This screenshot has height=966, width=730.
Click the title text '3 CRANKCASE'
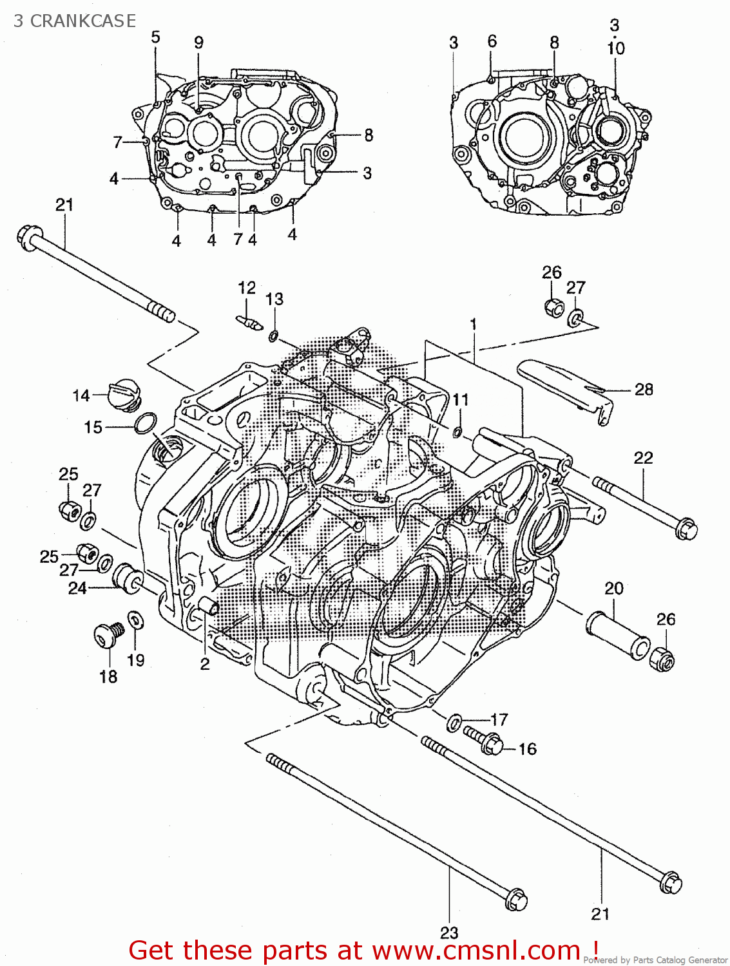(x=75, y=21)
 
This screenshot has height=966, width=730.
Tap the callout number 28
(x=643, y=390)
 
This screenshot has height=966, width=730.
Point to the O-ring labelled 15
(x=146, y=424)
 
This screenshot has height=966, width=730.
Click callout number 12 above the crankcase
(x=247, y=288)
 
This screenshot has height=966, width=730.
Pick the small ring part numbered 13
(x=273, y=335)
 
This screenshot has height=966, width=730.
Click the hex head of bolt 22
(x=686, y=529)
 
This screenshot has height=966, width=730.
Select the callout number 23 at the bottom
(x=449, y=933)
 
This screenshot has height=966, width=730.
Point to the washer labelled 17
(x=454, y=722)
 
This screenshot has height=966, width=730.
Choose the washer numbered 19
(x=136, y=620)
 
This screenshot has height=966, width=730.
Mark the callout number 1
(x=474, y=324)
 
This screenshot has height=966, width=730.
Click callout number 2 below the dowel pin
(x=205, y=663)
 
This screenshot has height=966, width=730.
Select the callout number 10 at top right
(x=615, y=48)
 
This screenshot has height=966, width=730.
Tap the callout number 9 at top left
(x=198, y=43)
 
